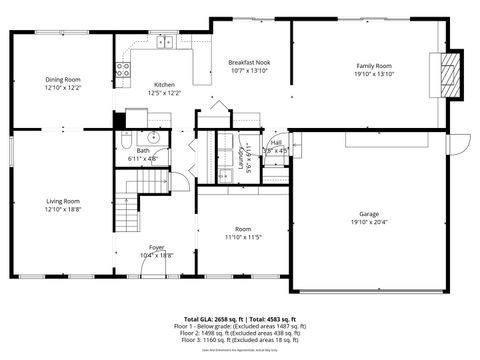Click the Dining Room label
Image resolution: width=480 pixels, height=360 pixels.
[61, 80]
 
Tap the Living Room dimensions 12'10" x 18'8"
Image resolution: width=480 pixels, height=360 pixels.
[61, 210]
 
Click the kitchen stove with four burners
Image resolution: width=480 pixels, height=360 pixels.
[124, 69]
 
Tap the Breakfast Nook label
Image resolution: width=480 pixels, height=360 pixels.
[249, 62]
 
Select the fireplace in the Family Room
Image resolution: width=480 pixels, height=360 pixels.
[451, 74]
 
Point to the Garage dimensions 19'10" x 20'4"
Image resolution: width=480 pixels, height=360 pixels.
[368, 223]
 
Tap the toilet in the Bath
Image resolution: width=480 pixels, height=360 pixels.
[128, 139]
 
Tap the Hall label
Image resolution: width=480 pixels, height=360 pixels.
[275, 143]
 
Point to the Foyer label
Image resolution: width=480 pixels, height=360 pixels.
[156, 247]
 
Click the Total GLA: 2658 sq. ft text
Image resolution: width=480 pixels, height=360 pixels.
[205, 317]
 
